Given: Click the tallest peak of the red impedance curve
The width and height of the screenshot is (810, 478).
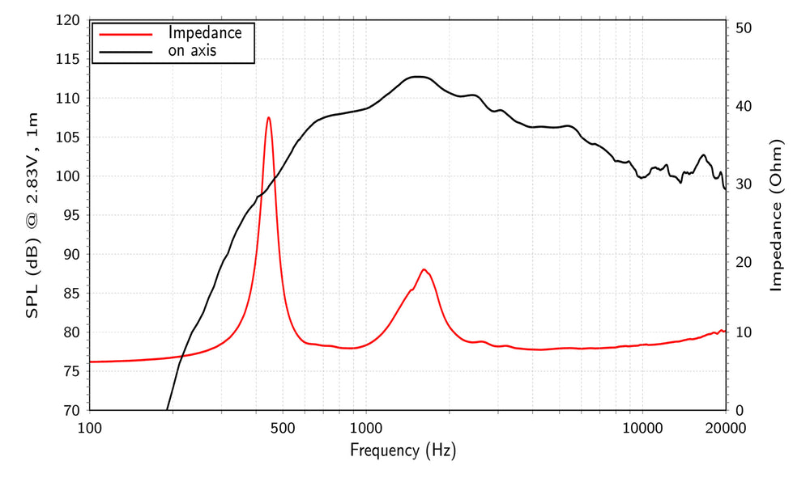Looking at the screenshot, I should click(268, 118).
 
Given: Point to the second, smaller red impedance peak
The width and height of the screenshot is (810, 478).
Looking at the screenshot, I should click(424, 270).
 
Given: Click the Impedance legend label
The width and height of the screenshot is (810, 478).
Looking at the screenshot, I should click(205, 33).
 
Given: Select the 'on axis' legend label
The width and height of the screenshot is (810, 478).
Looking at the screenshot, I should click(193, 51).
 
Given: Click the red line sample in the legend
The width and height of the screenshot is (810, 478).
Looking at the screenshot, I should click(124, 34).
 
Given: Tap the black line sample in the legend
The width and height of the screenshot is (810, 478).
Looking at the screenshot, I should click(124, 52).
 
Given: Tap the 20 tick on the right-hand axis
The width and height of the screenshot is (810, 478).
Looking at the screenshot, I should click(744, 262).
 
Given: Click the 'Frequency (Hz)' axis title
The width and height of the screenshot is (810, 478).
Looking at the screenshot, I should click(403, 451).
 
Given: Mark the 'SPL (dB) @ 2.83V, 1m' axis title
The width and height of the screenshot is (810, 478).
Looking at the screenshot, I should click(33, 215).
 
